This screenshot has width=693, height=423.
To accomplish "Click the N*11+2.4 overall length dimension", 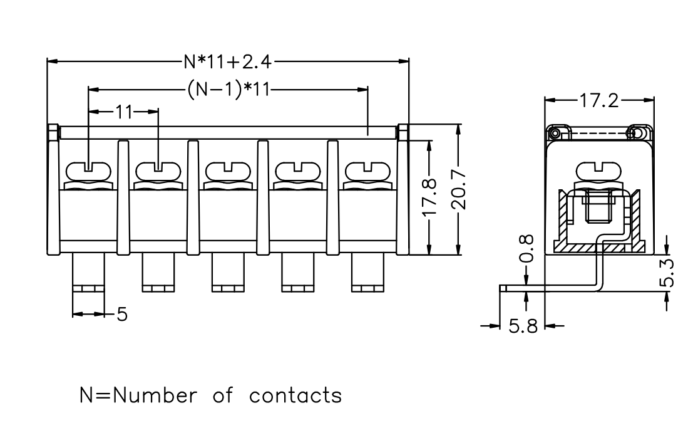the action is pyautogui.click(x=228, y=62).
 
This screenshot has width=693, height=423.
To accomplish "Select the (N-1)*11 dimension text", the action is pyautogui.click(x=228, y=90).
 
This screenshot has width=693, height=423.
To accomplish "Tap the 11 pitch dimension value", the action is pyautogui.click(x=124, y=112).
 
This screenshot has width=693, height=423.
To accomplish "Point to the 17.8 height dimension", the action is pyautogui.click(x=429, y=197).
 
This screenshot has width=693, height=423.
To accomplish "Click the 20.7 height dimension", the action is pyautogui.click(x=459, y=189).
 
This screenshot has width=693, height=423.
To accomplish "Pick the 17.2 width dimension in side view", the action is pyautogui.click(x=599, y=100).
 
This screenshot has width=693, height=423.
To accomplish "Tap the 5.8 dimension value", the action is pyautogui.click(x=523, y=326).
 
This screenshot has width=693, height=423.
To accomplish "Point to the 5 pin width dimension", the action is pyautogui.click(x=122, y=315).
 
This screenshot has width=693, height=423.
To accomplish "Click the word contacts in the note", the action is pyautogui.click(x=295, y=395).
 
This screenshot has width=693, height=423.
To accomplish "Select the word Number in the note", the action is pyautogui.click(x=155, y=395).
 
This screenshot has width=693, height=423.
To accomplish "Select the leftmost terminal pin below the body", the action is pyautogui.click(x=88, y=273).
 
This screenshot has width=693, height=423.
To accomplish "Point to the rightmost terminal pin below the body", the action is pyautogui.click(x=367, y=273).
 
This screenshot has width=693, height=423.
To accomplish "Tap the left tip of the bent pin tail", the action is pyautogui.click(x=501, y=288).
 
